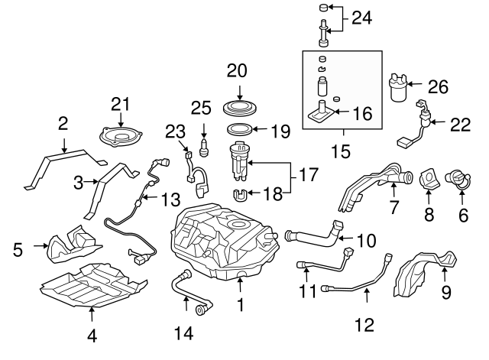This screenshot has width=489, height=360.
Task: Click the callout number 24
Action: click(362, 18)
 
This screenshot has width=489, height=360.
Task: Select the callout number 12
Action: click(364, 325)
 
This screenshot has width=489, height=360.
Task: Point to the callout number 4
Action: click(92, 334)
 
